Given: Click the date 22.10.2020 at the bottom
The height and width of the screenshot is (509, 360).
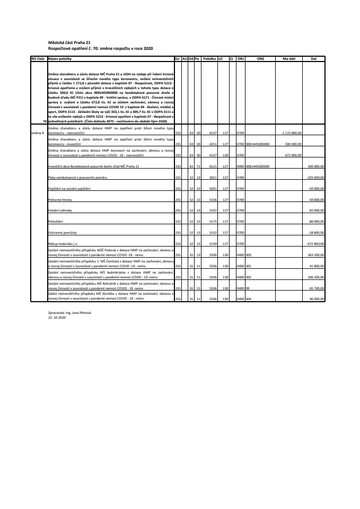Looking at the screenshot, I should tap(55, 318).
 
